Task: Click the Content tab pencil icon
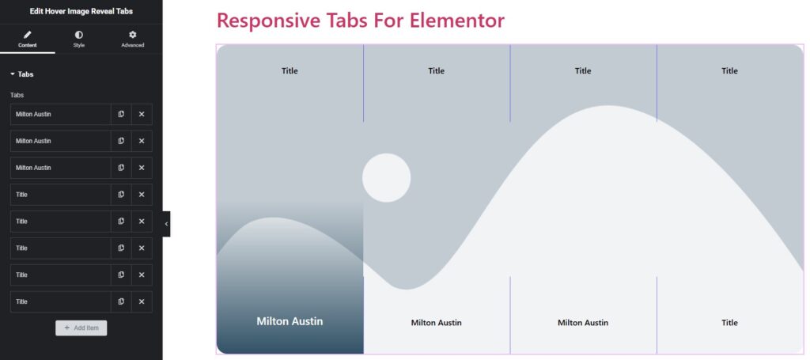28,35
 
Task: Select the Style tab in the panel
78,40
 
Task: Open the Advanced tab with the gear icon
133,40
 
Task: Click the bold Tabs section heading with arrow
21,74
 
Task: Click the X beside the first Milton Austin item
142,114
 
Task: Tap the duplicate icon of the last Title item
121,301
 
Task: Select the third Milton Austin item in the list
33,168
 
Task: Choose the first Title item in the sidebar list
21,195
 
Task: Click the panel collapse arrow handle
166,224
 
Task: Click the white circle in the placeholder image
386,178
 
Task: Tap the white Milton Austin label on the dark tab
290,321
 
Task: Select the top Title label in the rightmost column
729,70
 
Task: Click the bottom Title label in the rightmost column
729,323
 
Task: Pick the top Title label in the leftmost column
290,70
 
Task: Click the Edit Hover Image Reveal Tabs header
81,11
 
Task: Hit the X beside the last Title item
142,301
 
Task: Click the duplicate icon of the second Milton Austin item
121,141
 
